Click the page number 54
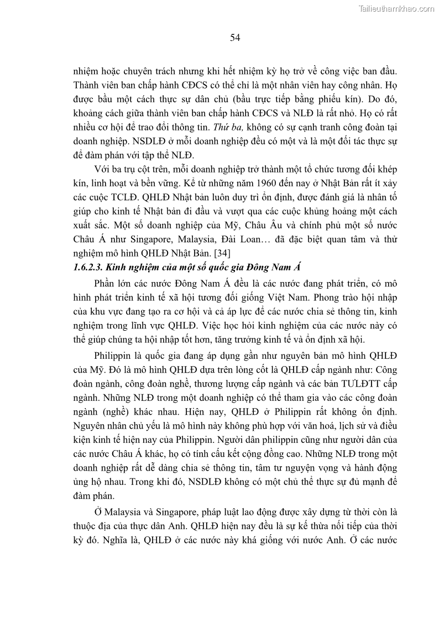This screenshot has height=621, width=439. [234, 38]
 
